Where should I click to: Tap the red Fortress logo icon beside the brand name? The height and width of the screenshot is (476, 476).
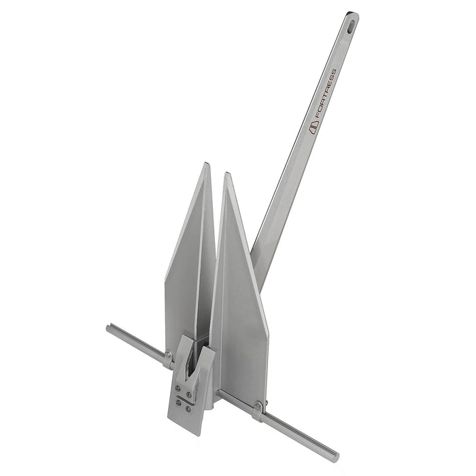[x=314, y=129]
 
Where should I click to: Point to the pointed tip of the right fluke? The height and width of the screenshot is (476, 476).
[x=227, y=174]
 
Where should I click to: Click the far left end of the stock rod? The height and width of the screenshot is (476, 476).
[x=109, y=328]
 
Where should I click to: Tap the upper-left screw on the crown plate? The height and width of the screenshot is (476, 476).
[x=177, y=389]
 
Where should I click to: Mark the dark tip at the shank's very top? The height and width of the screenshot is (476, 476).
[x=352, y=15]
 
